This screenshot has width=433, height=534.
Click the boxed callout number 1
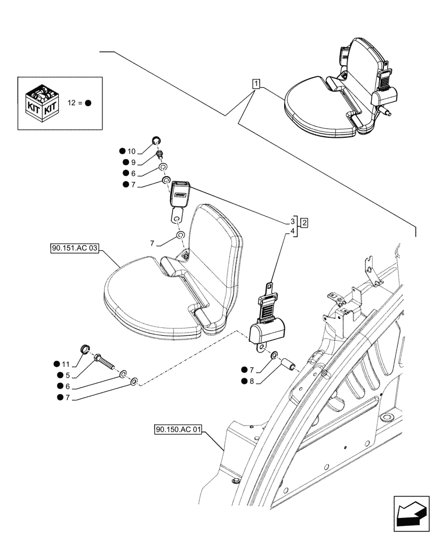[256, 84]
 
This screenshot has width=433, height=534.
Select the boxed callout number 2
[303, 222]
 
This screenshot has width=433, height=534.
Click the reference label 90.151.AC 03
[76, 248]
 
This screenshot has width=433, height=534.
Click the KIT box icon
[41, 103]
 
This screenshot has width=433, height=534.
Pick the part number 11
[65, 364]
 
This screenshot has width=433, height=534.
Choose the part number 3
[293, 221]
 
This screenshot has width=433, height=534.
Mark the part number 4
[293, 231]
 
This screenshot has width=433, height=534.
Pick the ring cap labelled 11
[84, 350]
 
